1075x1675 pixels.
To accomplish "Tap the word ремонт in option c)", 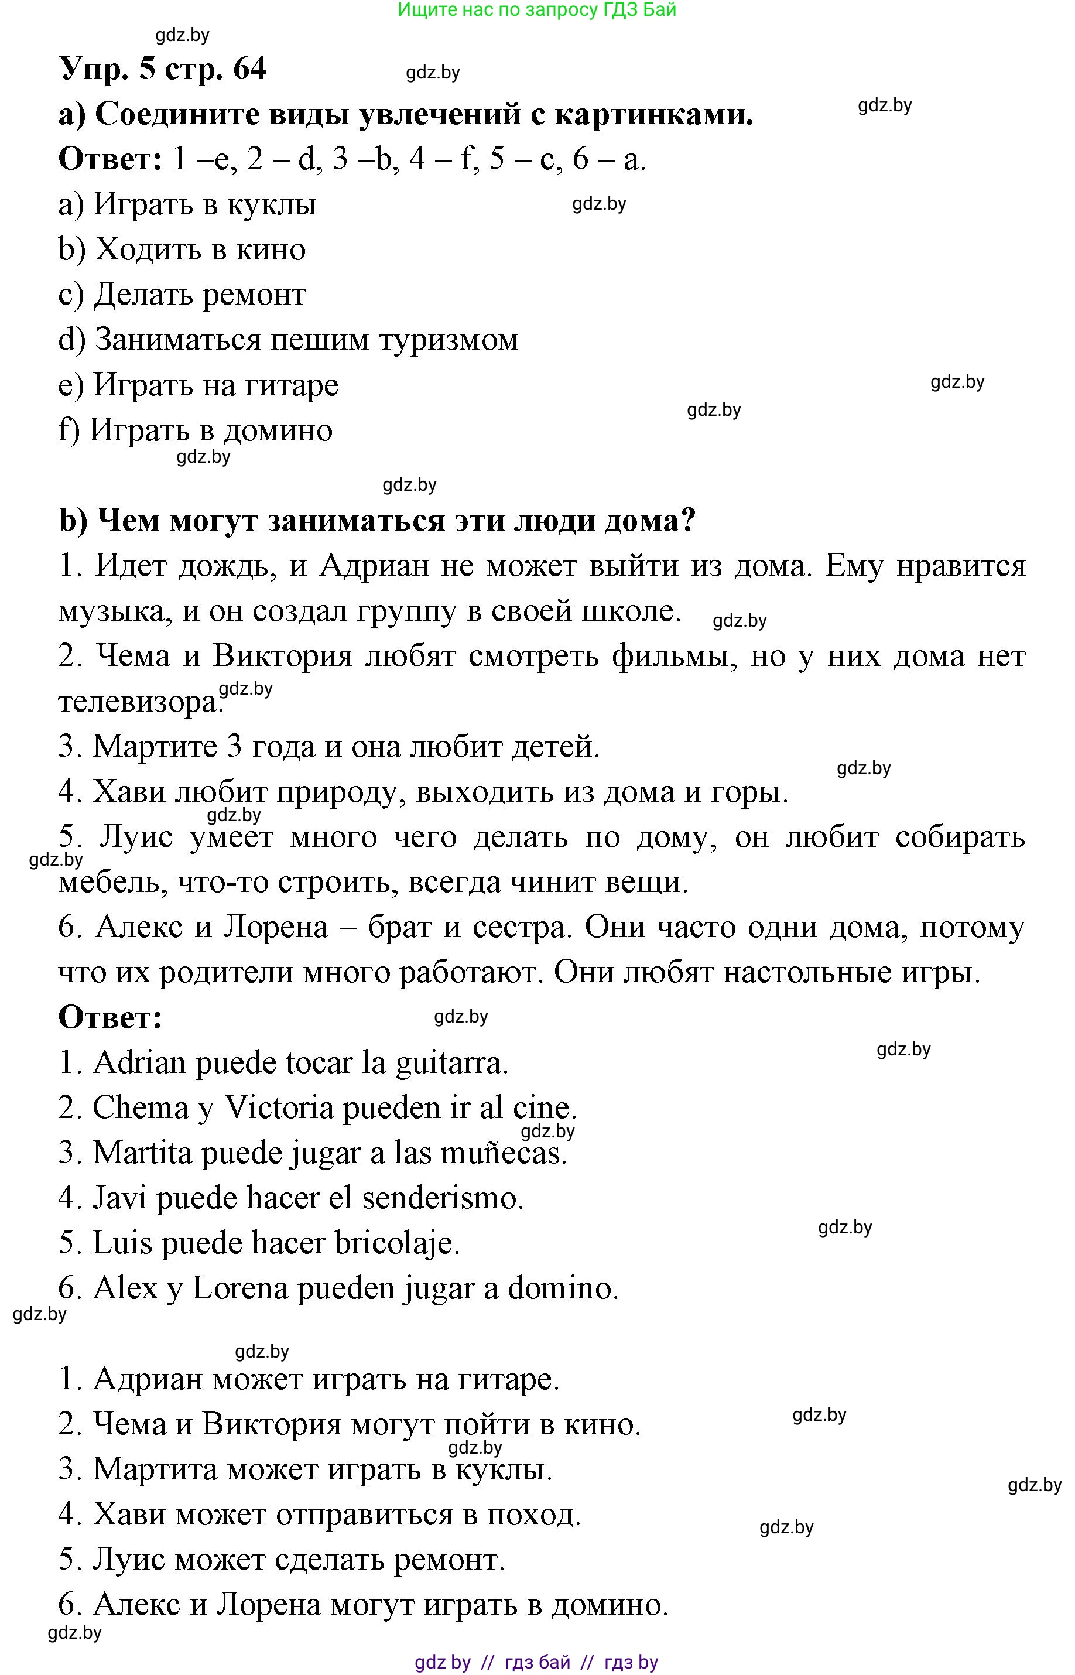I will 254,295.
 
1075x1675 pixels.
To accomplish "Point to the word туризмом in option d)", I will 448,340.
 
